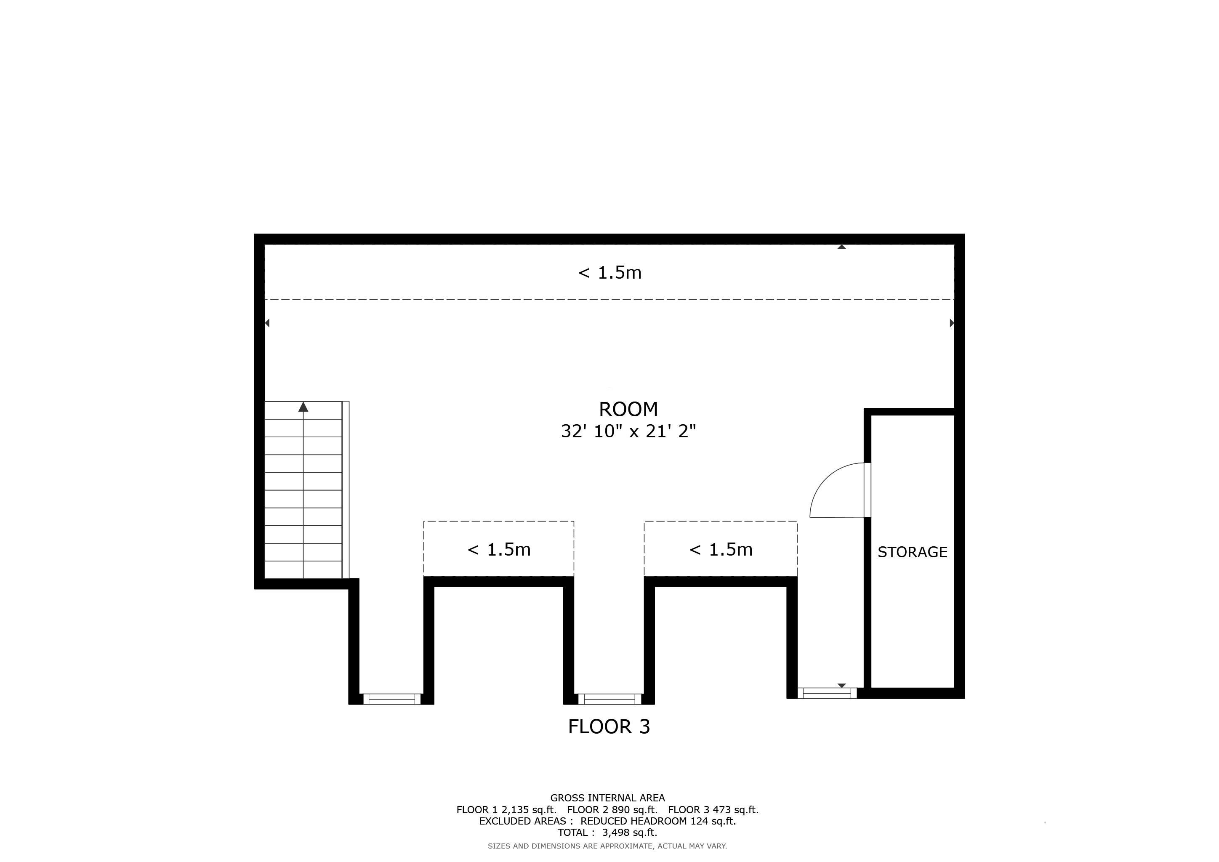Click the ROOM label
tap(628, 409)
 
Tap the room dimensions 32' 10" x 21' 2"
tap(628, 431)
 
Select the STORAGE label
tap(912, 552)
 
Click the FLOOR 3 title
tap(609, 726)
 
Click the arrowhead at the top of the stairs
tap(303, 407)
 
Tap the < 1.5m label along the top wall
tap(609, 273)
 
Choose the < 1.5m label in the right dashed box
tap(721, 549)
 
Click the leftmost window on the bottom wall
tap(392, 699)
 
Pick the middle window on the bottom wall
tap(609, 699)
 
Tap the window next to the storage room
tap(827, 693)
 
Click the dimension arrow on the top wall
tap(841, 247)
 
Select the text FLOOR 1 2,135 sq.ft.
tap(506, 810)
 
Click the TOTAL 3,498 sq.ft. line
tap(607, 833)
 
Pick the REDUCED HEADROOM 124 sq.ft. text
tap(658, 821)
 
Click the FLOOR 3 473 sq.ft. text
tap(713, 810)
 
